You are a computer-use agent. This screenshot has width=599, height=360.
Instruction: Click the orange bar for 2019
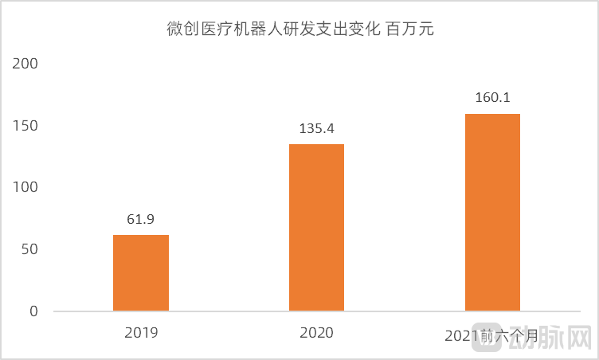pyautogui.click(x=141, y=272)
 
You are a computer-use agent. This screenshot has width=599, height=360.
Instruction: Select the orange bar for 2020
pyautogui.click(x=316, y=227)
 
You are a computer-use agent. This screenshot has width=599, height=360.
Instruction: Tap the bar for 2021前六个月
pyautogui.click(x=492, y=212)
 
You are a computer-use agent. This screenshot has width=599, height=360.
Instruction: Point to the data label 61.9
pyautogui.click(x=141, y=219)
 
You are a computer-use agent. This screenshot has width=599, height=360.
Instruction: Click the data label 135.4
pyautogui.click(x=316, y=128)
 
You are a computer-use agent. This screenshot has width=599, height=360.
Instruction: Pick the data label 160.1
pyautogui.click(x=492, y=98)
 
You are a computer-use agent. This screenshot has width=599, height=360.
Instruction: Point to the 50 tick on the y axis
pyautogui.click(x=29, y=249)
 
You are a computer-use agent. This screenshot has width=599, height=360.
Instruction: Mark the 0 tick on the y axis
pyautogui.click(x=33, y=311)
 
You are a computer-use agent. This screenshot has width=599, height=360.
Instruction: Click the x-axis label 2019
pyautogui.click(x=141, y=333)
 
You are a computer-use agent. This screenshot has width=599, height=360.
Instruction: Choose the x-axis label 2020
pyautogui.click(x=316, y=333)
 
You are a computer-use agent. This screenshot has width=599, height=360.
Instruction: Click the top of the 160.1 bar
pyautogui.click(x=492, y=115)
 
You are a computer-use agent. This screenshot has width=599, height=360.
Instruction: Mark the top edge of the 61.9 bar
pyautogui.click(x=141, y=236)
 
